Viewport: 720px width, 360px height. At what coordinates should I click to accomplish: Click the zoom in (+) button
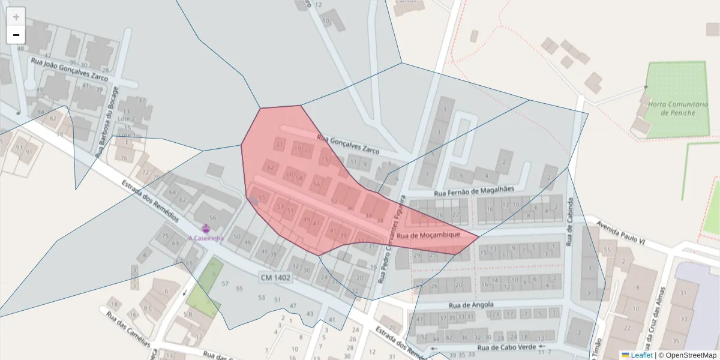(x=16, y=16)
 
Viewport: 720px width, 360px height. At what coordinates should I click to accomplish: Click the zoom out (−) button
(x=16, y=35)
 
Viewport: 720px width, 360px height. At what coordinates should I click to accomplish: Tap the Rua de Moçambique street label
(x=428, y=235)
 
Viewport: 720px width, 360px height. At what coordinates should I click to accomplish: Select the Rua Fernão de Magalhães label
(x=474, y=191)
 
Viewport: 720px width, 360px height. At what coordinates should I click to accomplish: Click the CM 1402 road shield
(x=275, y=277)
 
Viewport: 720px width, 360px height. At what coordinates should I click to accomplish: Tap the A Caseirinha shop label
(x=206, y=238)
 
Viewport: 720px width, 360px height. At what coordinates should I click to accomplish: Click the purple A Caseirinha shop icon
(x=206, y=228)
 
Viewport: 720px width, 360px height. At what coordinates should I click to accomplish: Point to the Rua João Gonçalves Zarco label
(x=70, y=70)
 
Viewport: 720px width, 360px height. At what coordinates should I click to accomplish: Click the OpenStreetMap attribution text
(x=686, y=355)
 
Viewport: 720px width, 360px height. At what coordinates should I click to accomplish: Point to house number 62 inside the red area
(x=270, y=167)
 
